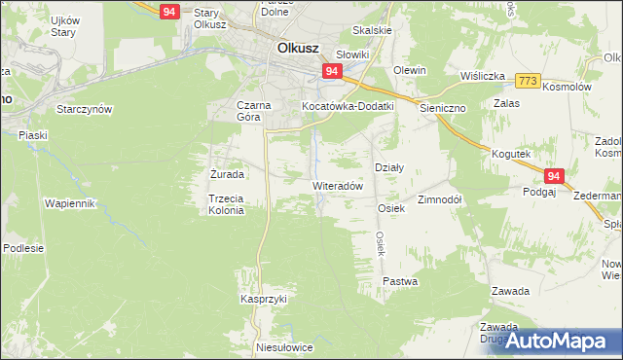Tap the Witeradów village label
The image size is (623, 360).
pos(338,185)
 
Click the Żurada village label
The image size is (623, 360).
pos(227,174)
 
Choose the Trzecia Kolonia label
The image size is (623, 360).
pos(224,204)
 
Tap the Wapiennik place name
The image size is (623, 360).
pos(69,203)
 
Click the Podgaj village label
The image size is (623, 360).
pos(538,192)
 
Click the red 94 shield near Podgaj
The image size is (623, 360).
pos(554,176)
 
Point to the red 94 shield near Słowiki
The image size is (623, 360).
pos(332,72)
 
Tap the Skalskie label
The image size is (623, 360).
pos(373,30)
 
